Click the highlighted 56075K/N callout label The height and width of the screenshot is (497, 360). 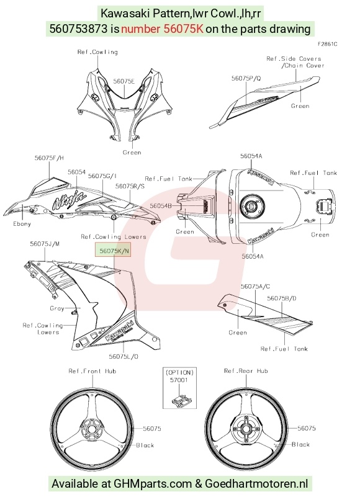pos(113,251)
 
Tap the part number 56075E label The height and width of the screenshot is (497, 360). pos(124,81)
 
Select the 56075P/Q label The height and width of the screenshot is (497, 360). pos(246,78)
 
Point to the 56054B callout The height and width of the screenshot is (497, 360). pos(161,206)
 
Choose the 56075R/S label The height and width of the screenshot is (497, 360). pos(130,186)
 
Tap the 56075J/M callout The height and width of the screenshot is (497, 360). pos(45,244)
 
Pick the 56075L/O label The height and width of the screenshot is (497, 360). pos(124,356)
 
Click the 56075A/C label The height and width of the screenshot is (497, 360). pos(255,286)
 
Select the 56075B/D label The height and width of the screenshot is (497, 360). pos(282,298)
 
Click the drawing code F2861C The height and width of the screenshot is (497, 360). pos(328,44)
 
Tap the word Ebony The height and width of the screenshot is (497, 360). pos(22,224)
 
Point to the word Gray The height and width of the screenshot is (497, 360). pos(57,308)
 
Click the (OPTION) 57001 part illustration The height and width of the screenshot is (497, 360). pos(179,400)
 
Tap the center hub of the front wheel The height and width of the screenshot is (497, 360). pos(91,430)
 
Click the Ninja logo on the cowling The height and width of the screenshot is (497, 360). pos(69,199)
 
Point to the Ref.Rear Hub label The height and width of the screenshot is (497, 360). pos(246,371)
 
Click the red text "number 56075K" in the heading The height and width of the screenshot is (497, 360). pos(162,29)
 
